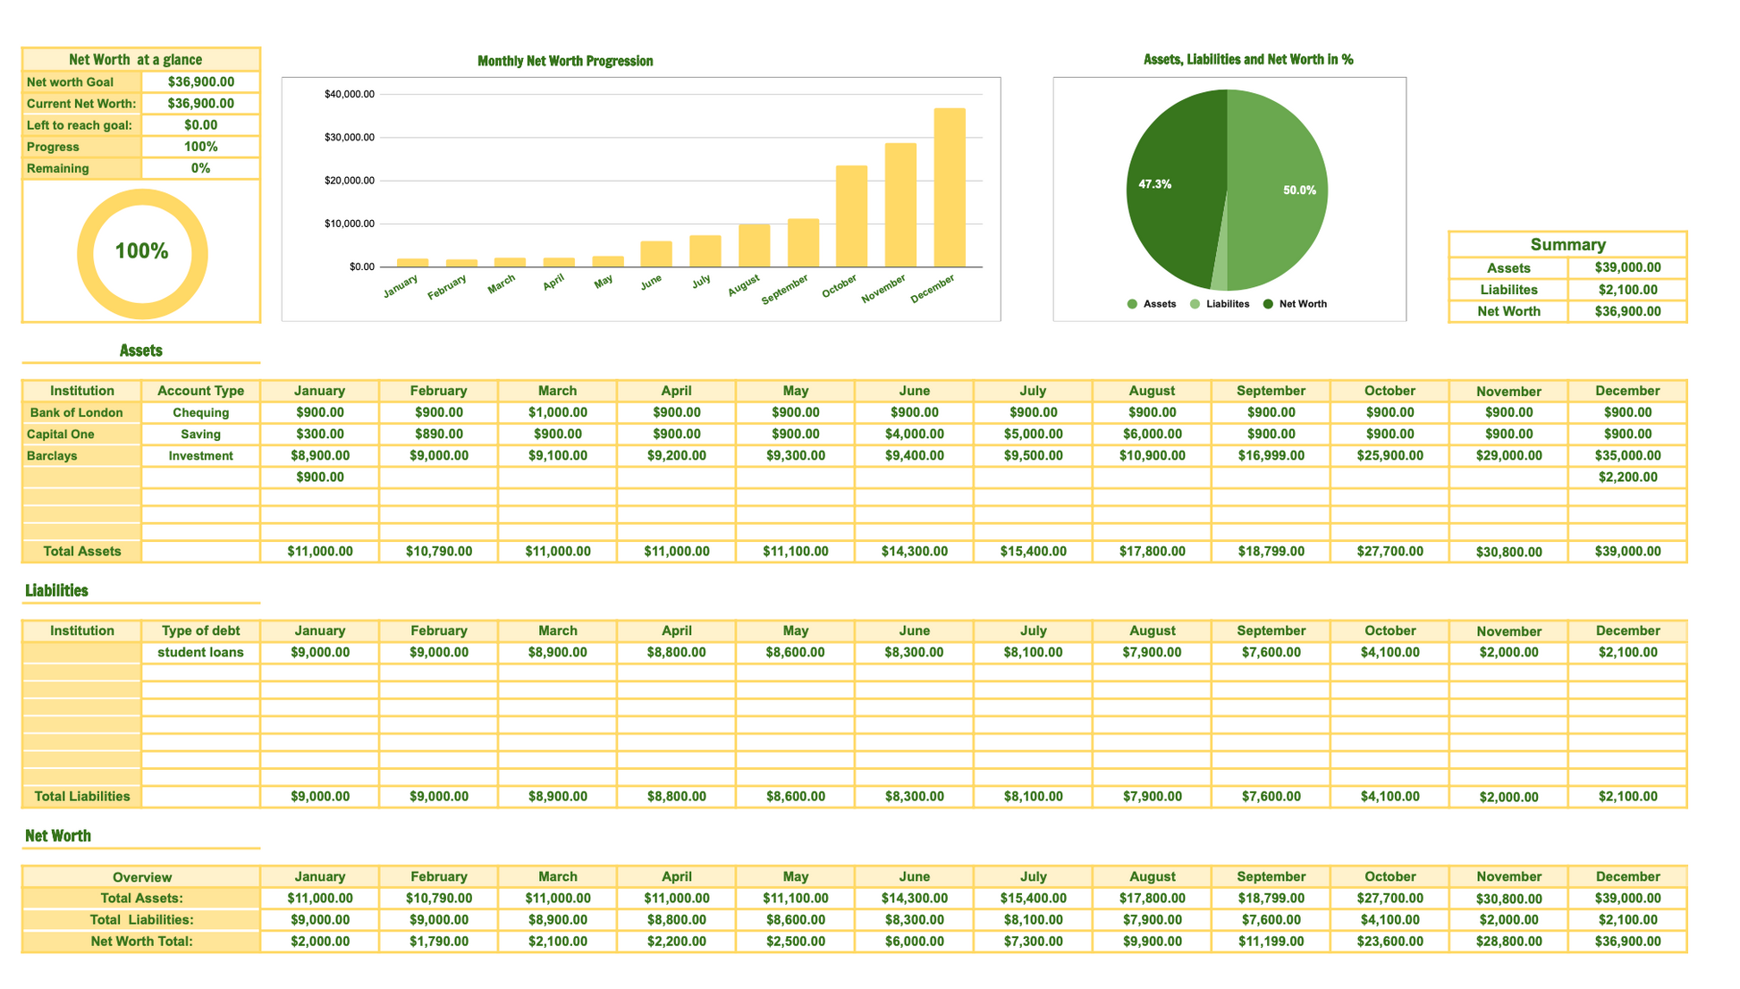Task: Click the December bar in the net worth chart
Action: coord(949,188)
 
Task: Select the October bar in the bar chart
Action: coord(851,216)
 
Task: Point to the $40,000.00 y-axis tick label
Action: coord(350,94)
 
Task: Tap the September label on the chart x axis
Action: coord(784,290)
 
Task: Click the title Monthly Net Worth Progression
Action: coord(565,61)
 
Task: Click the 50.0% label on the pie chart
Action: coord(1298,190)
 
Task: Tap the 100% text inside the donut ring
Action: coord(141,251)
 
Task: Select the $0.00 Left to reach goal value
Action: coord(200,125)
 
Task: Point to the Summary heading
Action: coord(1567,244)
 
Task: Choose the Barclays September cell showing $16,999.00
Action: coord(1271,456)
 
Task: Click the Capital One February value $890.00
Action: coord(438,435)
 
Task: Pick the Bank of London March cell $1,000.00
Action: coord(557,413)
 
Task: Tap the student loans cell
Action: coord(200,653)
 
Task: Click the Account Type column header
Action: coord(200,391)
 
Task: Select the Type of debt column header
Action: coord(200,631)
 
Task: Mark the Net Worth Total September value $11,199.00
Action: coord(1271,942)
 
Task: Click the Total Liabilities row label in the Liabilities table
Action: coord(81,797)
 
